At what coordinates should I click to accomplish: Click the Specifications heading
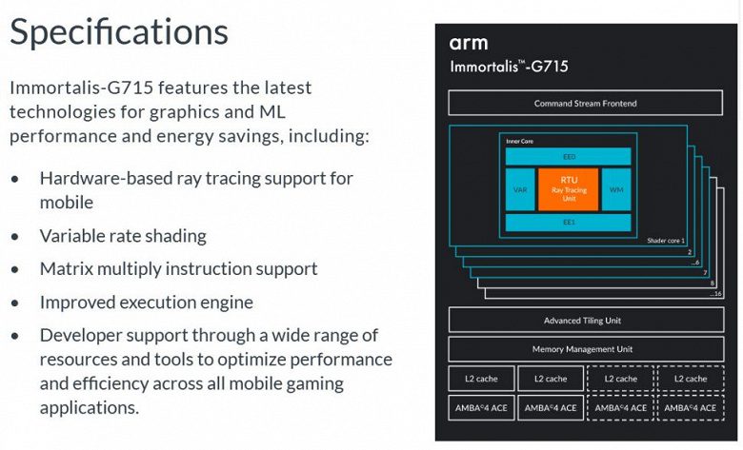(119, 31)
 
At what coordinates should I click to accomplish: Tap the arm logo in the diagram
(469, 44)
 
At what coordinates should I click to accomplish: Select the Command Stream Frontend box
(585, 103)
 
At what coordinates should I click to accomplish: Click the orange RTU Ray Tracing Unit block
(568, 189)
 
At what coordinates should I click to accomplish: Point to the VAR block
(520, 189)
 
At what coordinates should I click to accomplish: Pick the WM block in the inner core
(616, 189)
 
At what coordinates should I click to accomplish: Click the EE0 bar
(568, 156)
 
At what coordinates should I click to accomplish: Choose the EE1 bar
(568, 223)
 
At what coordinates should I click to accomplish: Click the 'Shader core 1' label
(666, 241)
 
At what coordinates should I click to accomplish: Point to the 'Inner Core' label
(520, 141)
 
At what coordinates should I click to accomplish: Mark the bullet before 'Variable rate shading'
(15, 236)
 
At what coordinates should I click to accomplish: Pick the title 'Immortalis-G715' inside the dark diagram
(509, 67)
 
